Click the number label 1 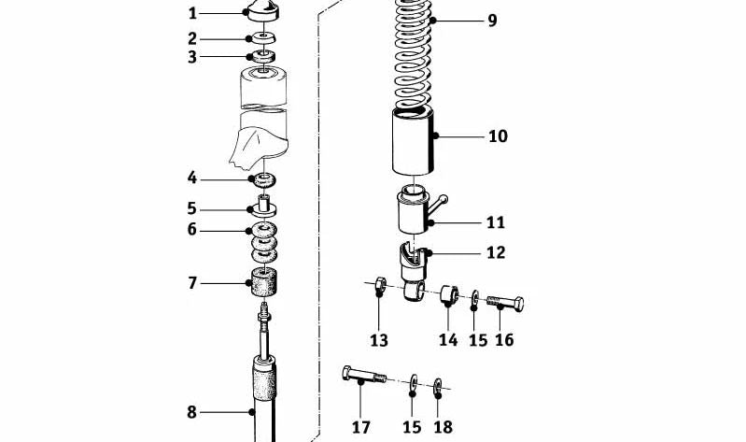[x=193, y=13]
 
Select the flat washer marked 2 [x=262, y=38]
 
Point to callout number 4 [x=192, y=178]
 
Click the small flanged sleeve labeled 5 [x=264, y=206]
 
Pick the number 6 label [x=192, y=230]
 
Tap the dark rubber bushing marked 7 [x=263, y=280]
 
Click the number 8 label [x=192, y=411]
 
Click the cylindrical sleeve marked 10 [x=412, y=140]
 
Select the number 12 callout [x=496, y=252]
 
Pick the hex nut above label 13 [x=379, y=284]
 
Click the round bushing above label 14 [x=447, y=295]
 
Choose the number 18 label [x=443, y=427]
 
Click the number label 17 [x=361, y=427]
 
